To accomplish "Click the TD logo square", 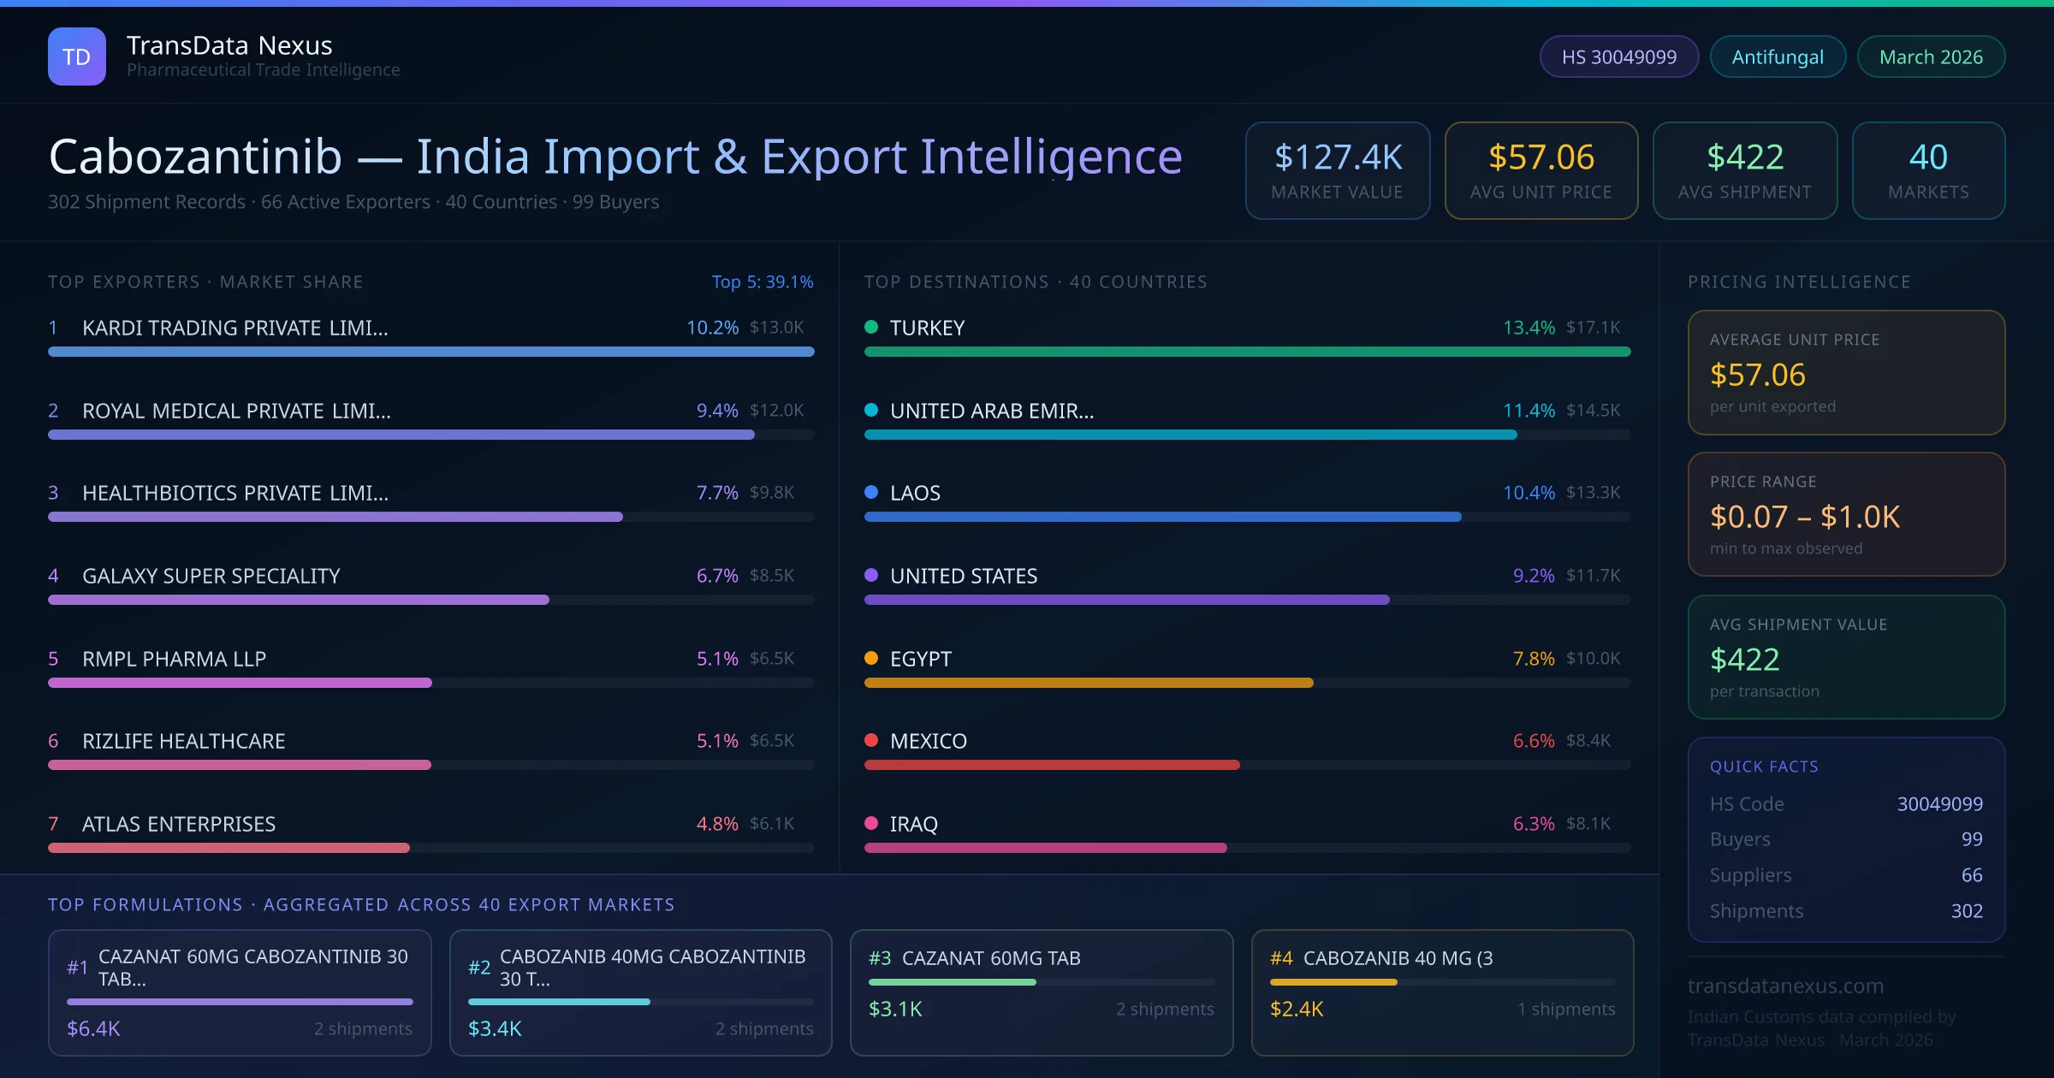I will pyautogui.click(x=77, y=56).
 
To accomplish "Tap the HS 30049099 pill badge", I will pyautogui.click(x=1618, y=56).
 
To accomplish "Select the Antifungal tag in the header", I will pyautogui.click(x=1778, y=56).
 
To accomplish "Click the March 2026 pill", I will pyautogui.click(x=1931, y=56).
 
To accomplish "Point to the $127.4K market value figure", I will pyautogui.click(x=1338, y=157).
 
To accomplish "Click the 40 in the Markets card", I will pyautogui.click(x=1928, y=157).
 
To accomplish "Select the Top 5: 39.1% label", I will pyautogui.click(x=762, y=281).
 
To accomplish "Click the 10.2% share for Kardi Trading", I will pyautogui.click(x=712, y=328).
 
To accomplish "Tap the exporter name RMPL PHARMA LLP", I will pyautogui.click(x=174, y=659).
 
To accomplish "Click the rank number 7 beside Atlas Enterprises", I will pyautogui.click(x=53, y=824).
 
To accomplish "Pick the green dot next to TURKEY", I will pyautogui.click(x=871, y=327).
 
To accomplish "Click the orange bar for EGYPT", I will pyautogui.click(x=1088, y=683).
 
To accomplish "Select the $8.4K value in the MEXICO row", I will pyautogui.click(x=1588, y=741).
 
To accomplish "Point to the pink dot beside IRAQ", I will pyautogui.click(x=871, y=823).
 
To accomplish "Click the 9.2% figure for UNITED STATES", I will pyautogui.click(x=1533, y=576).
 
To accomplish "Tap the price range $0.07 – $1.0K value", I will pyautogui.click(x=1804, y=517).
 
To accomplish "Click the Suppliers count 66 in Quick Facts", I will pyautogui.click(x=1971, y=875).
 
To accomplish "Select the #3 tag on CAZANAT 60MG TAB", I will pyautogui.click(x=880, y=958).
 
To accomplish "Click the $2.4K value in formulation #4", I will pyautogui.click(x=1297, y=1010).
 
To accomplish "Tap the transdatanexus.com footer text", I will pyautogui.click(x=1785, y=986).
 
